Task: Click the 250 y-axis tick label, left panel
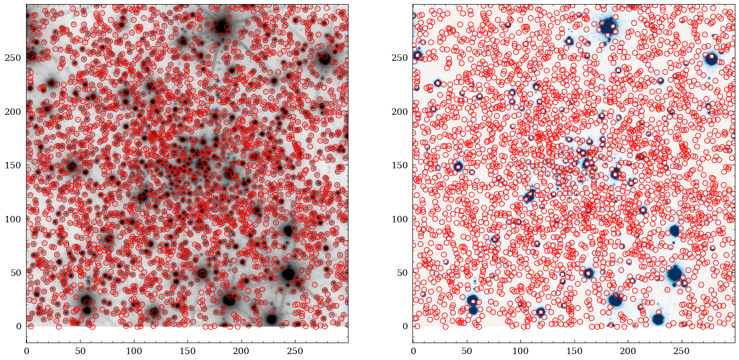[x=13, y=58]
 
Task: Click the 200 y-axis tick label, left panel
[x=13, y=112]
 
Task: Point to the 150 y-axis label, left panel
[x=13, y=165]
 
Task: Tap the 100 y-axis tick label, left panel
[x=13, y=219]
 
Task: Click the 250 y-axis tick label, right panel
[x=399, y=58]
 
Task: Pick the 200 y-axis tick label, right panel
[x=399, y=112]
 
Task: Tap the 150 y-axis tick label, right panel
[x=399, y=165]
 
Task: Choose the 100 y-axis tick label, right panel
[x=399, y=219]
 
